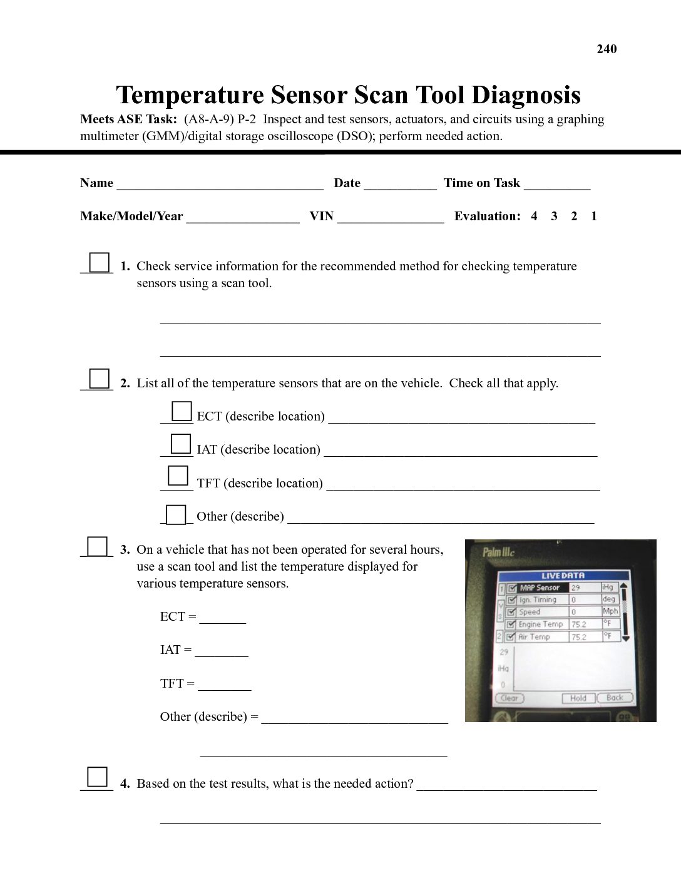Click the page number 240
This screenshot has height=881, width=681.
[607, 49]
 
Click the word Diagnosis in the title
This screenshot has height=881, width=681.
[526, 95]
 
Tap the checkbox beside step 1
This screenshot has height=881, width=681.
[100, 262]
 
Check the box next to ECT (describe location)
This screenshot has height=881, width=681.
[182, 411]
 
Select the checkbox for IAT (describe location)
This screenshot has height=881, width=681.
[181, 444]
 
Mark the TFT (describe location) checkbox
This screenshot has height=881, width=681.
[178, 476]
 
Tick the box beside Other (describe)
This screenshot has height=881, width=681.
[177, 514]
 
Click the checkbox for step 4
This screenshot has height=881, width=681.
[98, 777]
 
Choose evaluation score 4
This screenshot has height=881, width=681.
[534, 216]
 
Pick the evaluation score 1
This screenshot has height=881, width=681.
[594, 216]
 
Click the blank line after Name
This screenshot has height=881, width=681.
[220, 184]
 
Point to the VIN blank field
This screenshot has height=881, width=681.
[391, 217]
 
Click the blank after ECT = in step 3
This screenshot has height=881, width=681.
[222, 618]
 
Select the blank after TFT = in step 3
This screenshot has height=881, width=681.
[224, 685]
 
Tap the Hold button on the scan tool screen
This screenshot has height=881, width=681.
[578, 698]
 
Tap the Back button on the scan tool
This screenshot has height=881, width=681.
[615, 698]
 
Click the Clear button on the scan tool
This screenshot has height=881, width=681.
[509, 698]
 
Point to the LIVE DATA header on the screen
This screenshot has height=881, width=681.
[563, 576]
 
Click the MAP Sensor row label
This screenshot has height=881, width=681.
[539, 588]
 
